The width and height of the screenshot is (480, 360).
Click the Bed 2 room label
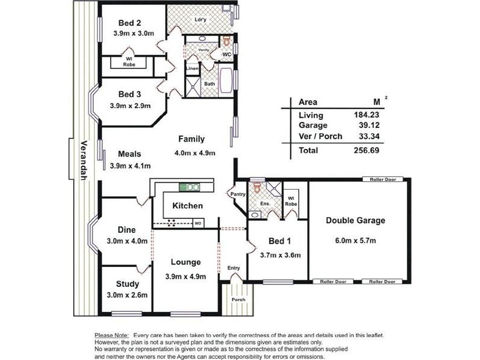pos(130,23)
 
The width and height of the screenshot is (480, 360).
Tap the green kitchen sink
pos(189,187)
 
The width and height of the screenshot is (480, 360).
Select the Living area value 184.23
pos(367,115)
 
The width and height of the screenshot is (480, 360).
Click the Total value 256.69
pos(367,151)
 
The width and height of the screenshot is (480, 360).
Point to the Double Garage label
pos(355,220)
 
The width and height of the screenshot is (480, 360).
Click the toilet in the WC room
pos(227,41)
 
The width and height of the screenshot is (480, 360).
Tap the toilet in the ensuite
pos(257,188)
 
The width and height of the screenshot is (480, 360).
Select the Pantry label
pos(238,194)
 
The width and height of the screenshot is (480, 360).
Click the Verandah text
pos(83,160)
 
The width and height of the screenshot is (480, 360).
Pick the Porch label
pos(238,299)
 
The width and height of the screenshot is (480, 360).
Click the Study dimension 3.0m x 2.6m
pos(127,295)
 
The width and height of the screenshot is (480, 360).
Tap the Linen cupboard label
pos(192,68)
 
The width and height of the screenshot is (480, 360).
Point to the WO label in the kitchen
pos(198,223)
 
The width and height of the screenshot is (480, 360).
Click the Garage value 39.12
pos(369,125)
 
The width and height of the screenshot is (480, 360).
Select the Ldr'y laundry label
pos(200,20)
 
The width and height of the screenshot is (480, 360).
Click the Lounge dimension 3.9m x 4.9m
pos(185,277)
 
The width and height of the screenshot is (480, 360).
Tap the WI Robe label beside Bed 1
pos(291,202)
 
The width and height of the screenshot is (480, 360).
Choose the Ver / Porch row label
pos(320,136)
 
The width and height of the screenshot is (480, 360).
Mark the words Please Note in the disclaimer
pos(112,335)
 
